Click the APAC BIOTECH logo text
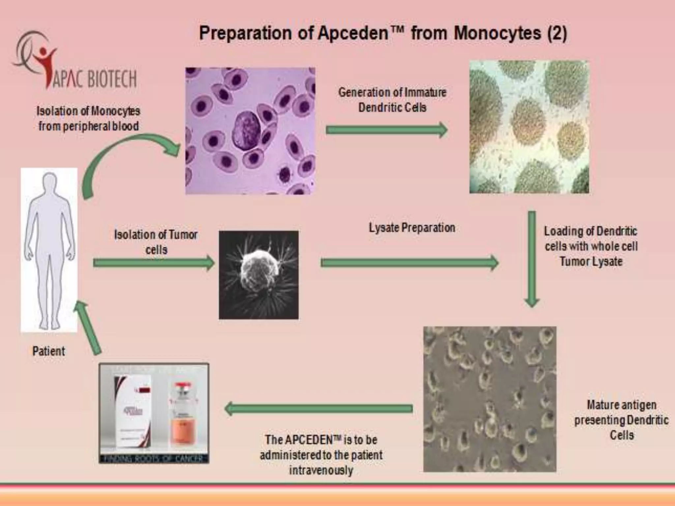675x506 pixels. click(x=94, y=79)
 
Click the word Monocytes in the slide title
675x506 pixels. click(x=497, y=33)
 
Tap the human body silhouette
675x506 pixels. click(x=49, y=250)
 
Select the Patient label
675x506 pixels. click(x=49, y=351)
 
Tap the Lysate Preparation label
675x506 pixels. click(x=412, y=228)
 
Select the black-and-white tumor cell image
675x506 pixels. click(x=259, y=275)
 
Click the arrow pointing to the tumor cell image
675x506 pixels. click(x=154, y=263)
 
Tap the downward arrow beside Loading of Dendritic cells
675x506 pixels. click(x=532, y=259)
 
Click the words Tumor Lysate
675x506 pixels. click(x=591, y=262)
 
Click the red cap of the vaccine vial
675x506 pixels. click(x=185, y=386)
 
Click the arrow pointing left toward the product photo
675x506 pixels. click(x=318, y=408)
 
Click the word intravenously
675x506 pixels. click(x=321, y=470)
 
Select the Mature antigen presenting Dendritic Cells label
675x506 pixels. click(x=622, y=420)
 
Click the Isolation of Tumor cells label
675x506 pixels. click(x=156, y=242)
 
